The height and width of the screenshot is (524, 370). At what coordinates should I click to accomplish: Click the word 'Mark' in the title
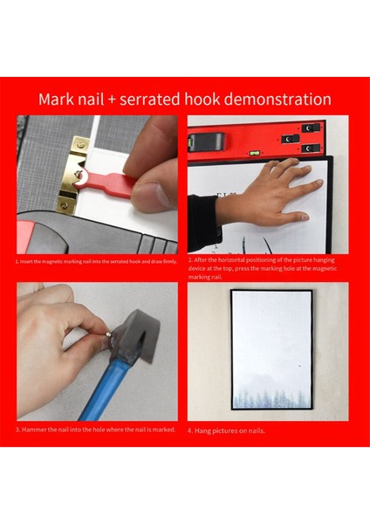[58, 100]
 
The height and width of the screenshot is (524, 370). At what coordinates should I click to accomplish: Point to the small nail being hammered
[109, 332]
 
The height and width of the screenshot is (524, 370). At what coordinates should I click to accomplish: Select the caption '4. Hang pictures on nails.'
[229, 431]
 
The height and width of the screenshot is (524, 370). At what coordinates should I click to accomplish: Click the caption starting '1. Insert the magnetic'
[96, 260]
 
